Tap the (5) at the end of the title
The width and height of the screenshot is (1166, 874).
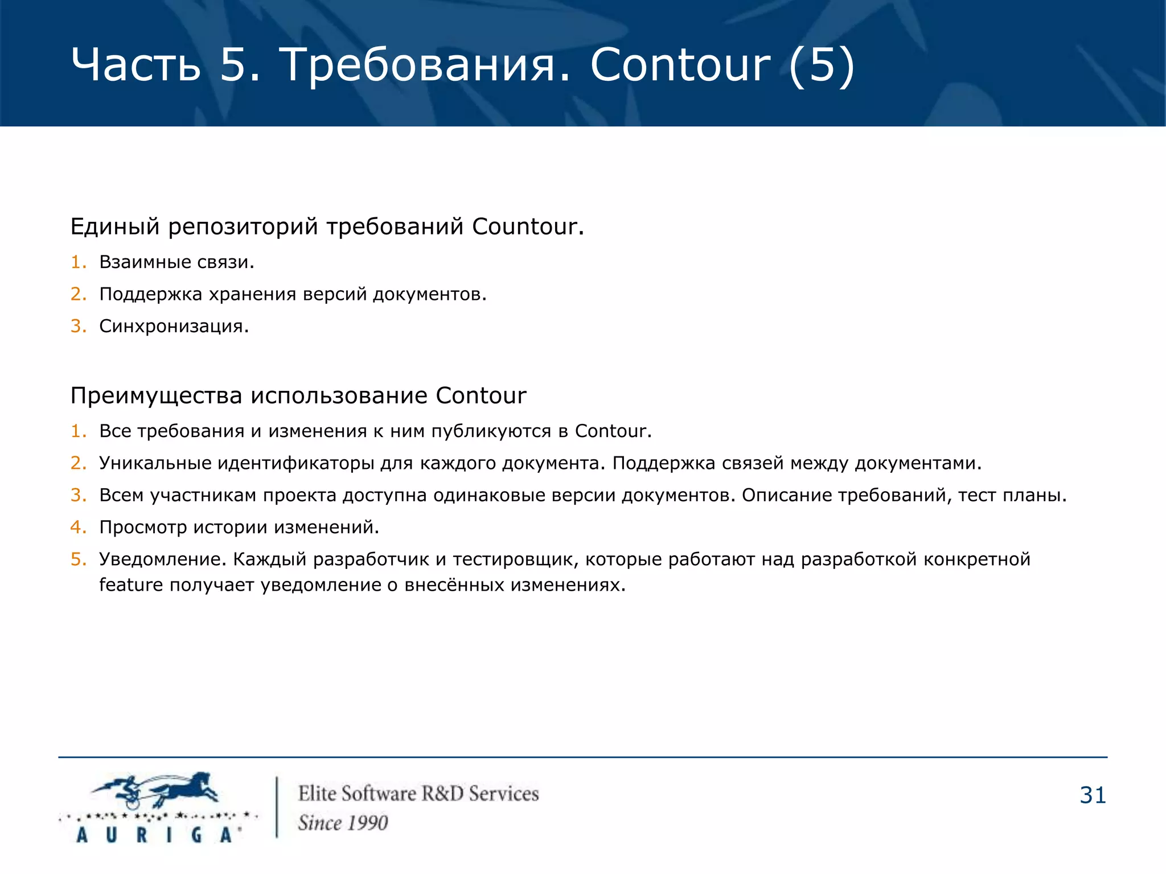(821, 65)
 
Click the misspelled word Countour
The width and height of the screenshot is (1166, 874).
(528, 226)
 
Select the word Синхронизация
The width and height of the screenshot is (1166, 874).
(174, 326)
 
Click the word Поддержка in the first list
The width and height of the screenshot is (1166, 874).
(150, 294)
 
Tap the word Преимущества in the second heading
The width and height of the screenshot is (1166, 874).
(156, 395)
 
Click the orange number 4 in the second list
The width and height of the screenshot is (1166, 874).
(77, 527)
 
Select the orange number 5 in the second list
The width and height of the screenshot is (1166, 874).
(77, 559)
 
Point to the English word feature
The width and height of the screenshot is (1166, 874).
(131, 585)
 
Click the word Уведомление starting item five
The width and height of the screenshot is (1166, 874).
(163, 559)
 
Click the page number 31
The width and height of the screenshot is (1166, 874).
(1092, 795)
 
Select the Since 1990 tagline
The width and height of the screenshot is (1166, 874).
(343, 823)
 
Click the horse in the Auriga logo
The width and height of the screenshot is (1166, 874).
(182, 788)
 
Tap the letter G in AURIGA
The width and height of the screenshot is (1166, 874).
(196, 835)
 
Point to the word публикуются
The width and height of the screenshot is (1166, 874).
(491, 431)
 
